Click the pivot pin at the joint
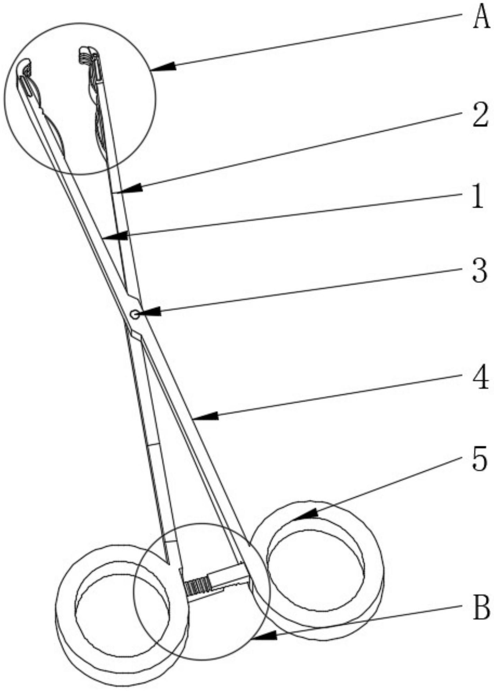click(134, 315)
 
